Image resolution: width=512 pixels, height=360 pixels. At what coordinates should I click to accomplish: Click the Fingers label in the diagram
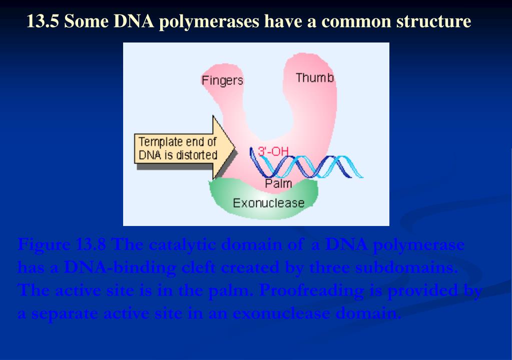222,80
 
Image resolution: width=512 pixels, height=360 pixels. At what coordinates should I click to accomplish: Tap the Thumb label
314,78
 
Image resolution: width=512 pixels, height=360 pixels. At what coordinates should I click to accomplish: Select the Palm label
278,183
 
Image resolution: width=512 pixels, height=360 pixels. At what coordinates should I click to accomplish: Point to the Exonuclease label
268,202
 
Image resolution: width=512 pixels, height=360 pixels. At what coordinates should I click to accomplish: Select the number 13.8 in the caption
91,245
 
